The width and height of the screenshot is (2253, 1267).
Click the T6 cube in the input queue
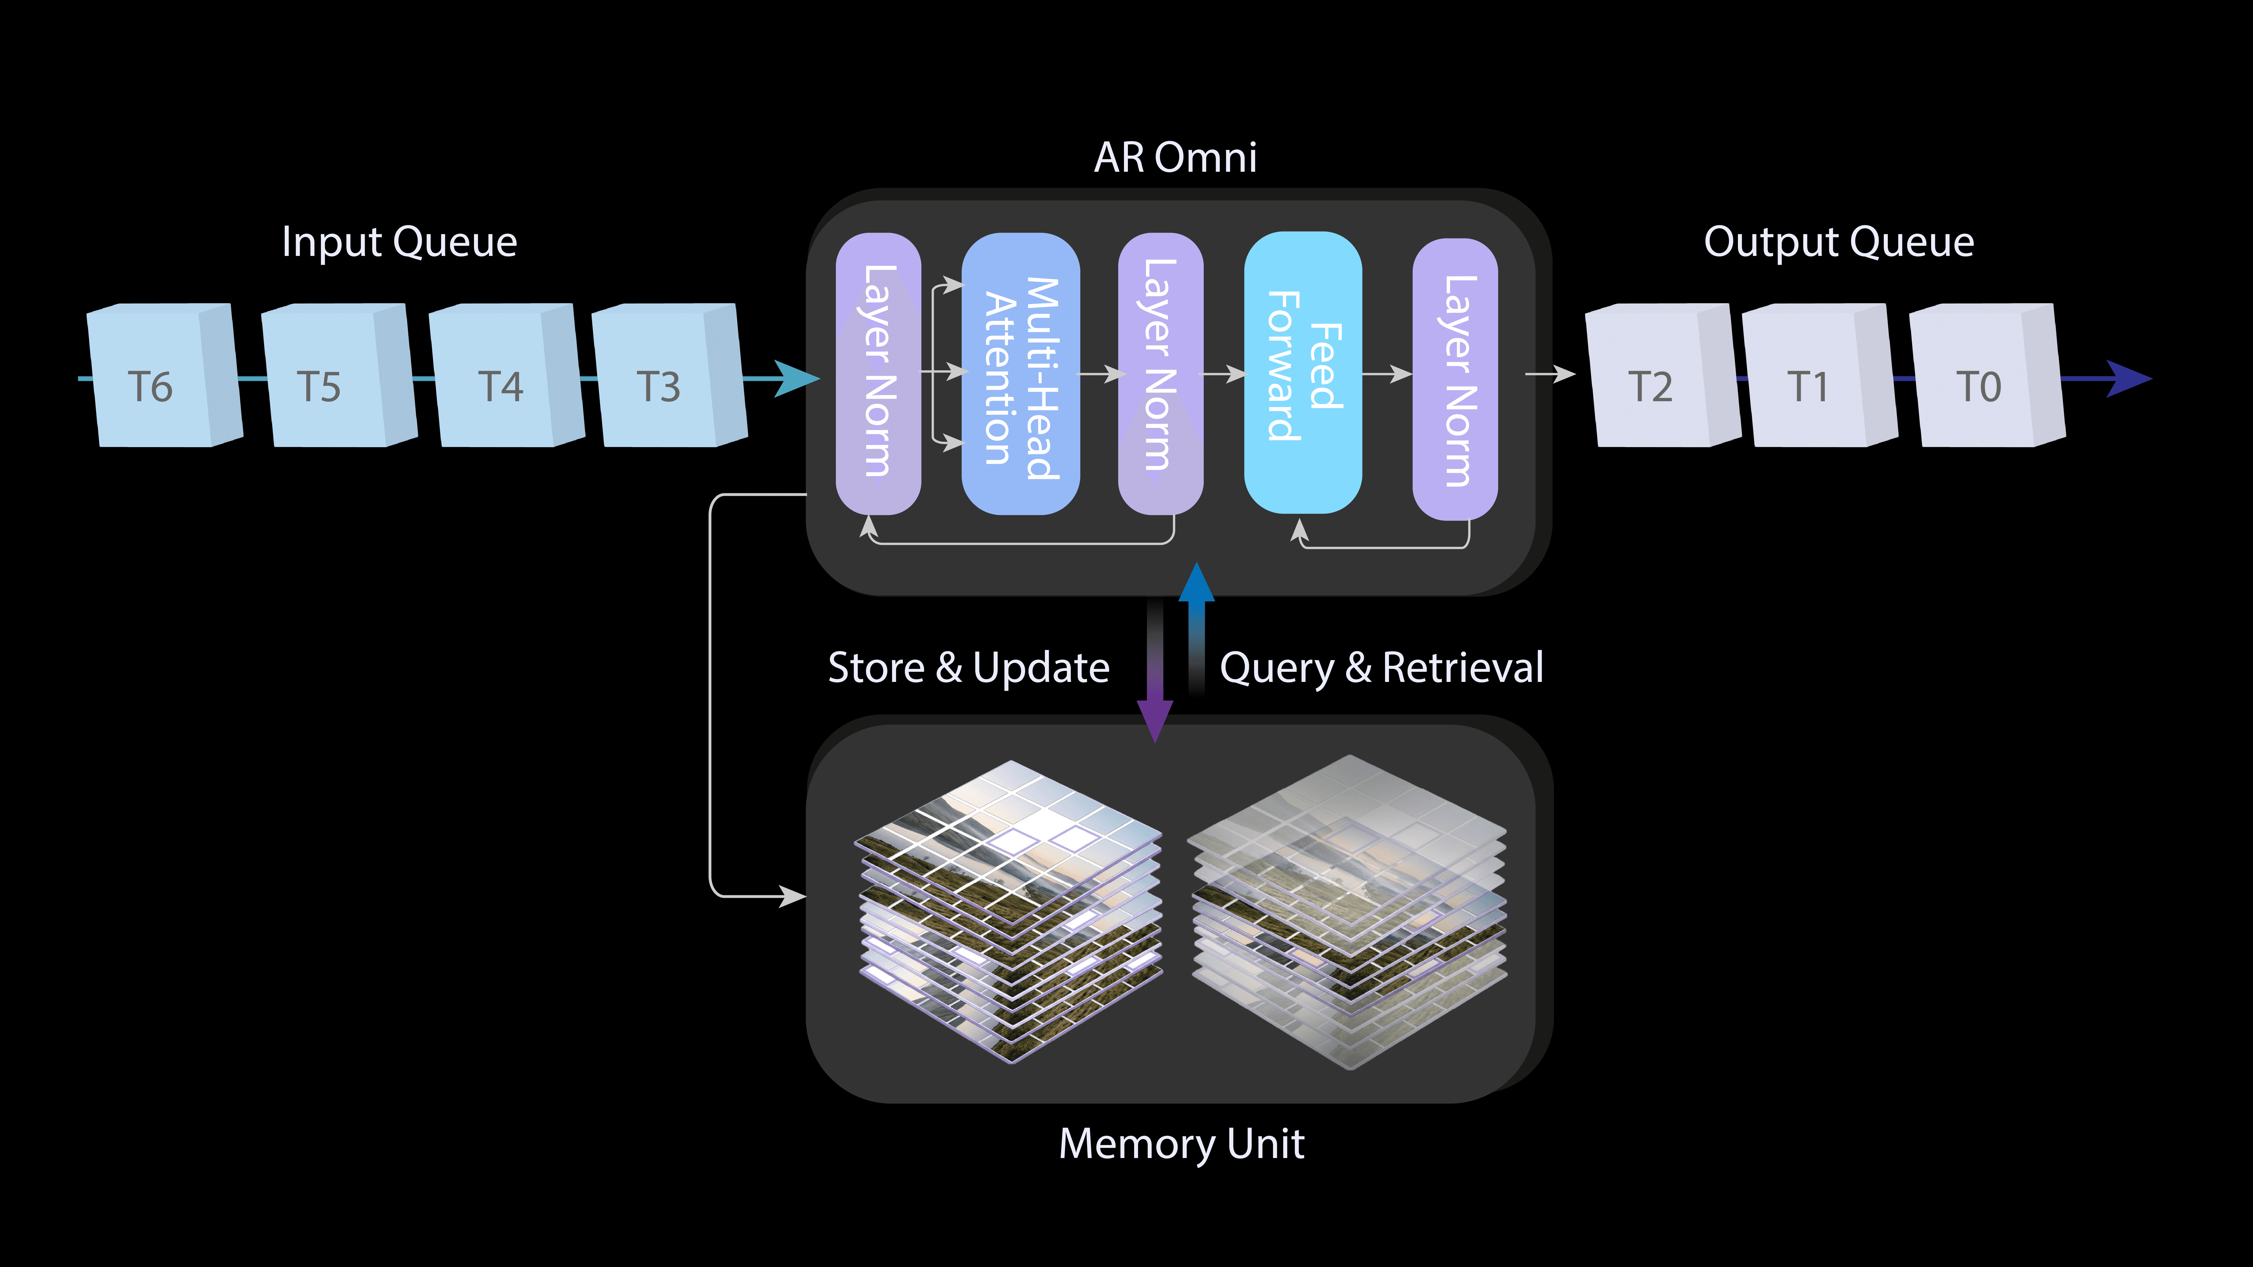[x=162, y=378]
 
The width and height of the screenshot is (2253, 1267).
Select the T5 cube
[x=337, y=378]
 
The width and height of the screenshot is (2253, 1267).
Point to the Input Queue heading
[x=399, y=242]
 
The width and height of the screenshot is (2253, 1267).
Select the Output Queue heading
[x=1838, y=242]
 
